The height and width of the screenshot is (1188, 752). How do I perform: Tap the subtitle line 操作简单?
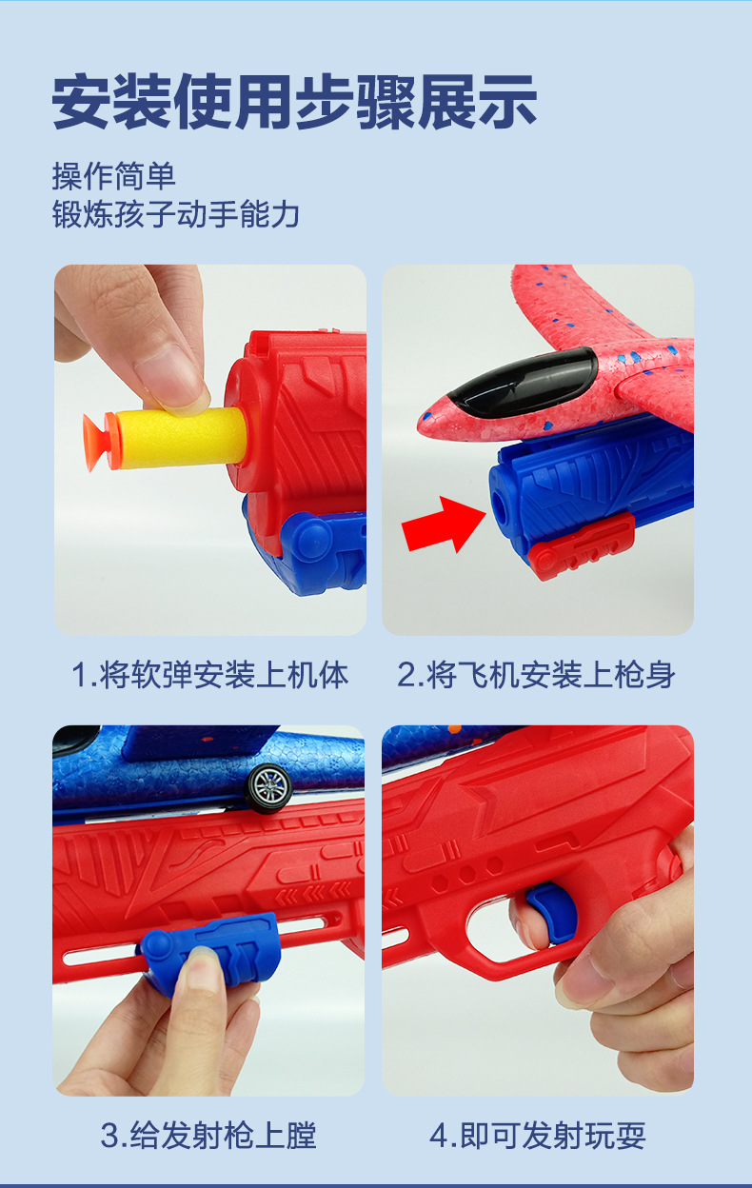113,177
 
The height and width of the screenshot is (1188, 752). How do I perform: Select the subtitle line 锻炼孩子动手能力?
175,215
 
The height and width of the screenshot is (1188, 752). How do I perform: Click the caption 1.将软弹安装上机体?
210,675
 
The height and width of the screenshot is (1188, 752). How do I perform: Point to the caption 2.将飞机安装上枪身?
537,675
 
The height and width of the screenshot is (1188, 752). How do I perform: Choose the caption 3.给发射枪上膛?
208,1135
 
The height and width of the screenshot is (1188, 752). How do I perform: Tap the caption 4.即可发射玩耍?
538,1135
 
